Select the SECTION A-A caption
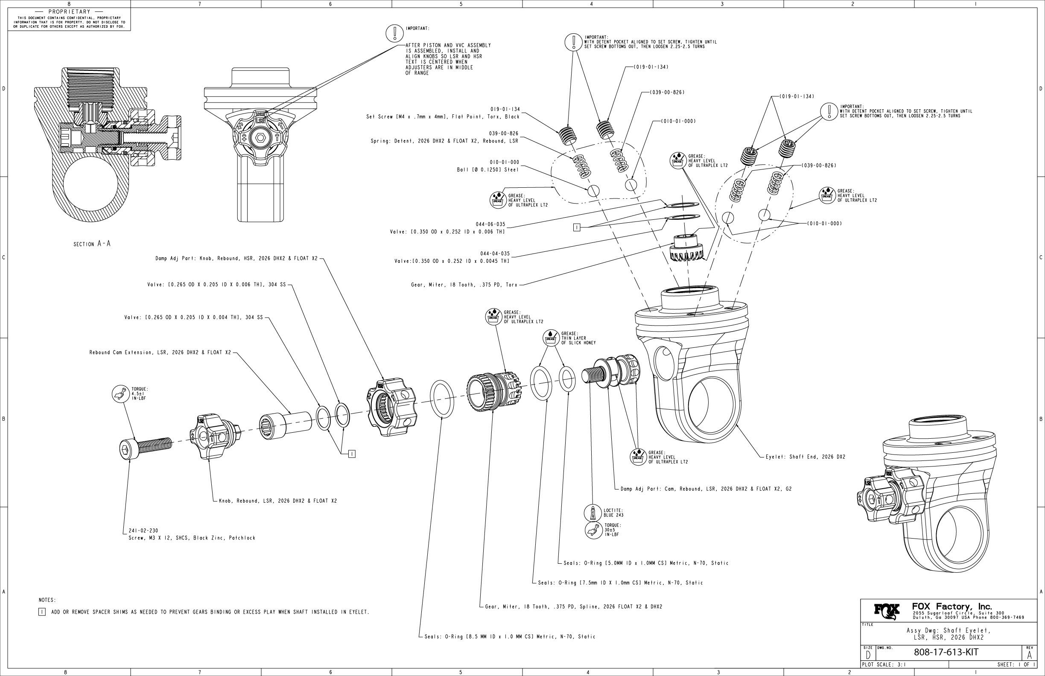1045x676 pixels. pyautogui.click(x=92, y=244)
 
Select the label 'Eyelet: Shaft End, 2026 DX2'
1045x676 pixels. pyautogui.click(x=805, y=457)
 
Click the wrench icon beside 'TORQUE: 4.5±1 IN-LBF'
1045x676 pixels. pyautogui.click(x=121, y=394)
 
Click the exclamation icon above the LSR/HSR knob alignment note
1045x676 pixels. pyautogui.click(x=395, y=32)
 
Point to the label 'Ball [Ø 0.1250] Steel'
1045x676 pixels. pyautogui.click(x=488, y=170)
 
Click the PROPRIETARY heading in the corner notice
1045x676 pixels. pyautogui.click(x=70, y=12)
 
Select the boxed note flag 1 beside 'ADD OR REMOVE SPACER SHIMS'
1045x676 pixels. pyautogui.click(x=42, y=612)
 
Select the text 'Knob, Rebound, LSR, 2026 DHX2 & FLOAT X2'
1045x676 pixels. pyautogui.click(x=278, y=501)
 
